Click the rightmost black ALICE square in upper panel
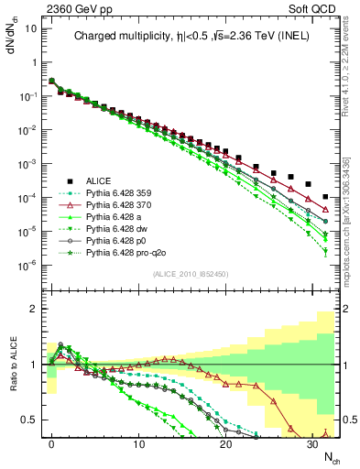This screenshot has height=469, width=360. tap(326, 197)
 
